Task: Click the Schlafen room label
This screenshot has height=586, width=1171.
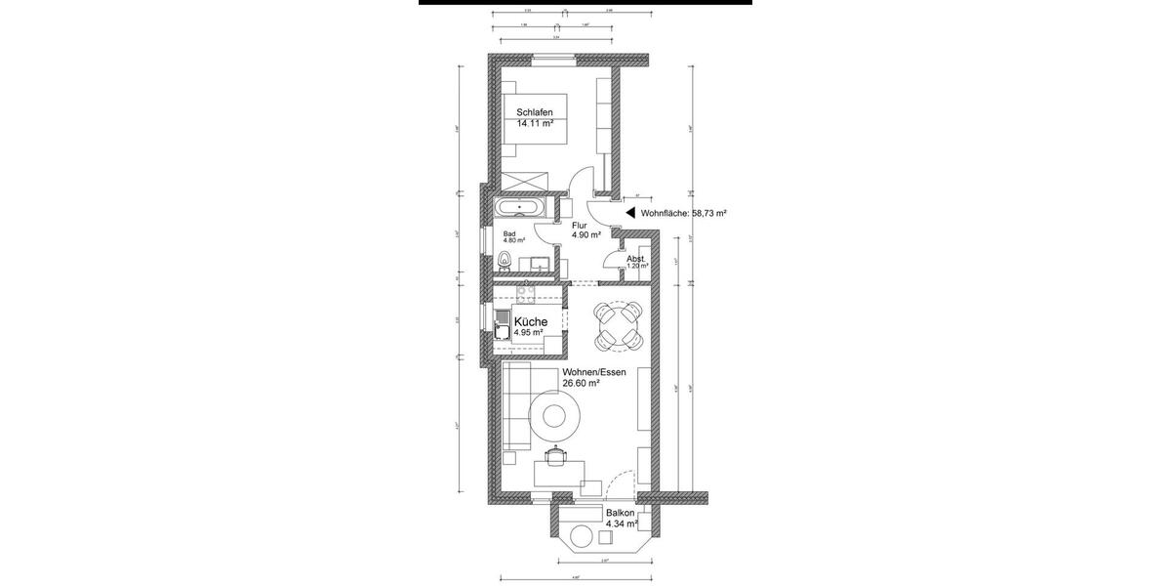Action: (535, 112)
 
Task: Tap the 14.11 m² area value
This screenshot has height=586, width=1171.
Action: (535, 124)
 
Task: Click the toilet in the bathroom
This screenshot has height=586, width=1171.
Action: (505, 259)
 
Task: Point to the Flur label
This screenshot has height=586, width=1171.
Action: (580, 225)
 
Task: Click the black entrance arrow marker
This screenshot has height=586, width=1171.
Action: (630, 211)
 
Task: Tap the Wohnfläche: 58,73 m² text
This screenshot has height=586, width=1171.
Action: (684, 212)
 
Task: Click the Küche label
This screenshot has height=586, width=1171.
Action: (531, 321)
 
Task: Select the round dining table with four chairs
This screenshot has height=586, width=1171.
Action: (619, 325)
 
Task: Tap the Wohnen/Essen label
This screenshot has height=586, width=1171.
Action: (593, 372)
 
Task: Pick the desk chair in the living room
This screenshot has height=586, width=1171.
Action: (555, 454)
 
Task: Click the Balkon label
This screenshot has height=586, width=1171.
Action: (620, 513)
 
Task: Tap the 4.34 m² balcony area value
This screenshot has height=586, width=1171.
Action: (620, 524)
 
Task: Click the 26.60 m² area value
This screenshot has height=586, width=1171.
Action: (581, 384)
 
